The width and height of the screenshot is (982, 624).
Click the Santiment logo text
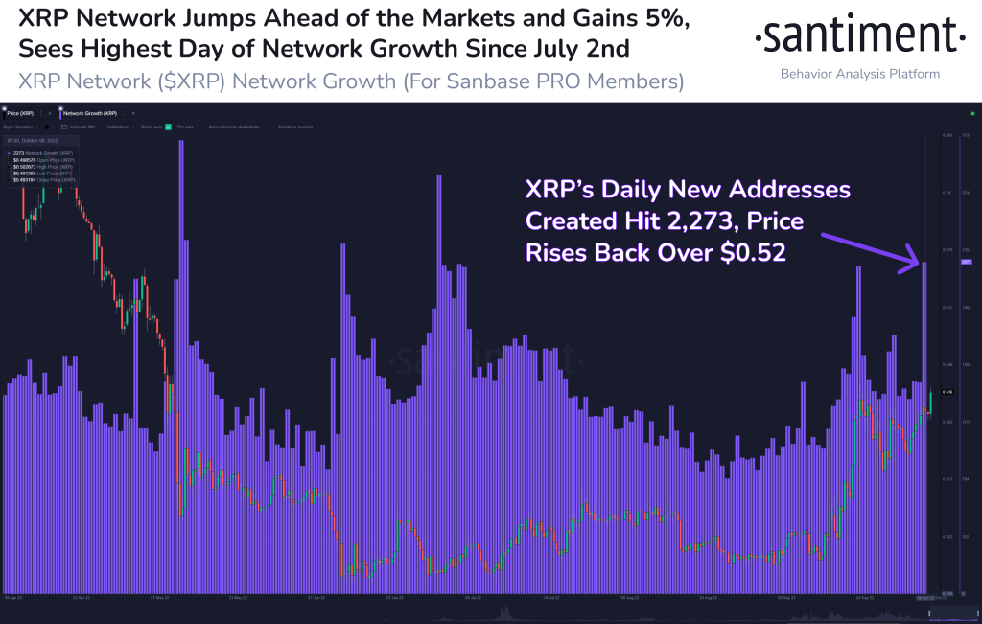pos(858,37)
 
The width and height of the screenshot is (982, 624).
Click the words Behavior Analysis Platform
pos(860,74)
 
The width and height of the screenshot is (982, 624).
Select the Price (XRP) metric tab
pos(21,112)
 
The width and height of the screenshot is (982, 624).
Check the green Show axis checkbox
pos(168,126)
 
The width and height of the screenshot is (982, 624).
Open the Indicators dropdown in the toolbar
pos(119,126)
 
